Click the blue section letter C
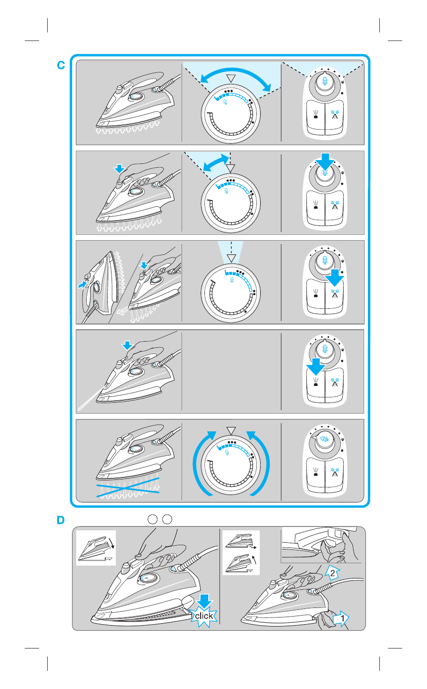coord(61,65)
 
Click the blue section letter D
coord(61,520)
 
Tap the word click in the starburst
coord(203,616)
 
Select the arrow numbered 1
coord(341,618)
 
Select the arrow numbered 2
coord(332,572)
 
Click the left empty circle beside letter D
coord(152,519)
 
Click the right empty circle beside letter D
coord(167,519)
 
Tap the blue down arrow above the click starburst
coord(204,601)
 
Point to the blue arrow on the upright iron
coord(82,284)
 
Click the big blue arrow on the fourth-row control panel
coord(315,366)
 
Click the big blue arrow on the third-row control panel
coord(335,278)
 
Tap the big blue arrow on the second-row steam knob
coord(325,162)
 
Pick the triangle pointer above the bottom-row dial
coord(231,431)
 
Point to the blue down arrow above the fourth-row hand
coord(127,345)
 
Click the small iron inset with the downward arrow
coord(96,548)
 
